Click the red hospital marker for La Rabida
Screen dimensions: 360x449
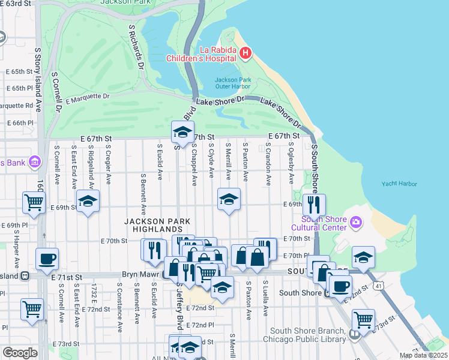[x=245, y=53]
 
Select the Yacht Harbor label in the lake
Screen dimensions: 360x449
[x=399, y=184]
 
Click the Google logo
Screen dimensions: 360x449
[x=20, y=352]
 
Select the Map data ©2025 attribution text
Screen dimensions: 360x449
[x=423, y=355]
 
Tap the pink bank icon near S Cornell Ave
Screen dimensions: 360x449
[x=34, y=163]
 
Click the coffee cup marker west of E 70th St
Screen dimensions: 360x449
[x=47, y=259]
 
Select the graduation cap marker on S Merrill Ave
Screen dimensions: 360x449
[x=228, y=200]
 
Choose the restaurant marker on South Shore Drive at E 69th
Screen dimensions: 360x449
[x=313, y=205]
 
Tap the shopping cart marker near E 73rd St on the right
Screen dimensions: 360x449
[x=363, y=320]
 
